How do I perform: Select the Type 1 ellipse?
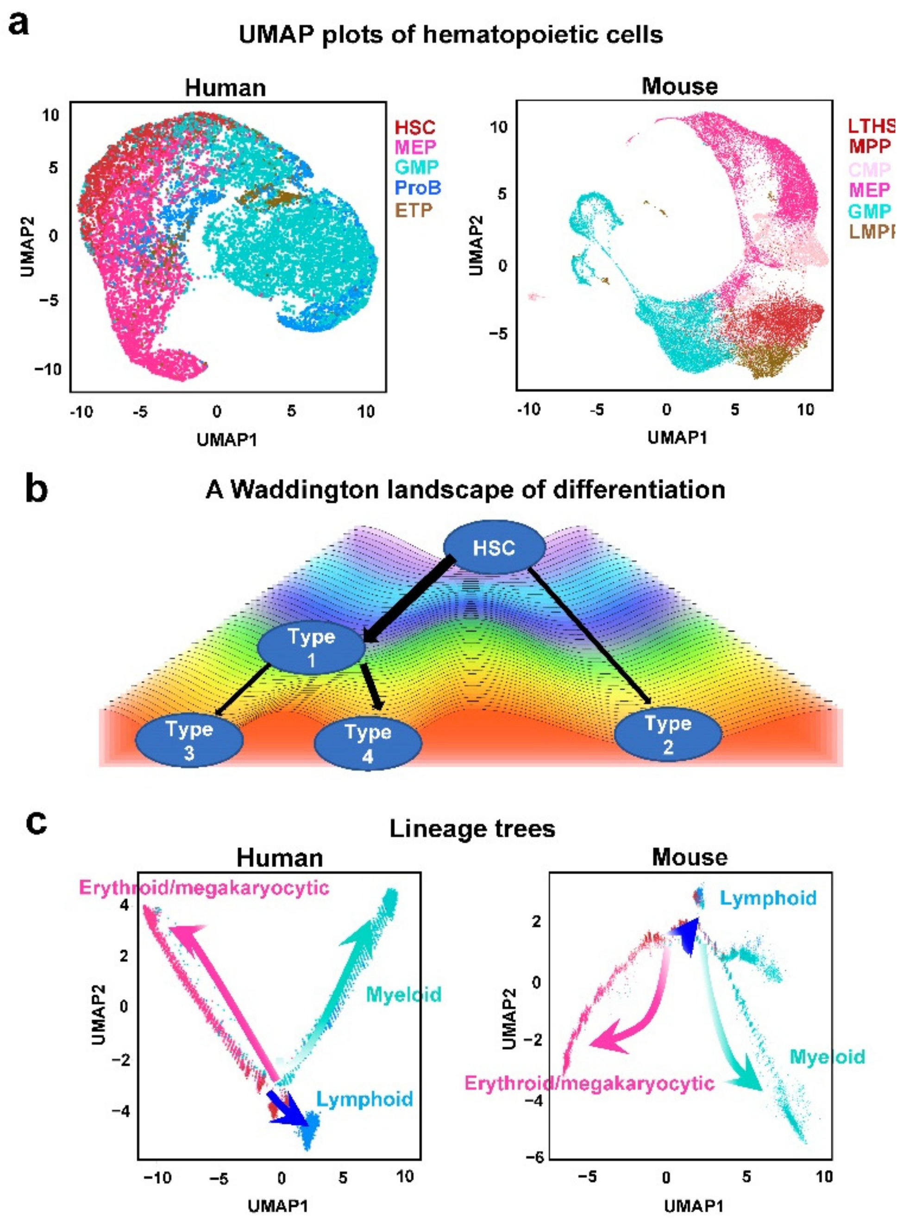point(311,648)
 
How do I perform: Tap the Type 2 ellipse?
point(667,735)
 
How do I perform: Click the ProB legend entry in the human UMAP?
point(417,188)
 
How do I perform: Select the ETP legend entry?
point(413,209)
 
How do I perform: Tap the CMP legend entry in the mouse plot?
point(870,169)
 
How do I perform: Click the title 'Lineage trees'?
point(472,829)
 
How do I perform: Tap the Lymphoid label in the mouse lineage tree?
point(767,898)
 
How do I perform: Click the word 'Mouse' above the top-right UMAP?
point(679,86)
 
